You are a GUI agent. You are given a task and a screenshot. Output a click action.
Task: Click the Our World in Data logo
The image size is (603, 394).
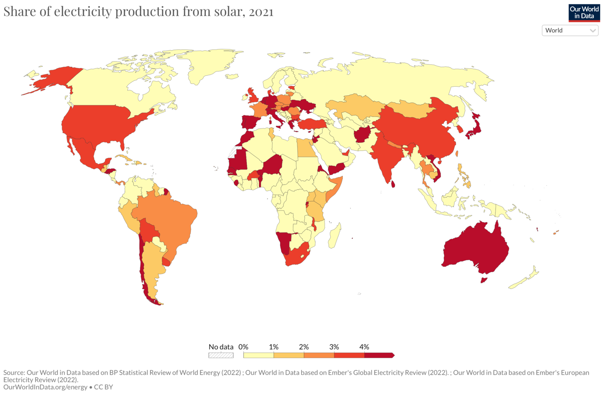[584, 13]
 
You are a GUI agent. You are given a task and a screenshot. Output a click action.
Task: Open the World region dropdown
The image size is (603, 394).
[570, 30]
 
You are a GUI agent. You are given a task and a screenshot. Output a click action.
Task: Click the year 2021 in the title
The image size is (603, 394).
[261, 12]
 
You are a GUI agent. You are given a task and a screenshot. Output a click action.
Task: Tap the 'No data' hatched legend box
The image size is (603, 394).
[221, 355]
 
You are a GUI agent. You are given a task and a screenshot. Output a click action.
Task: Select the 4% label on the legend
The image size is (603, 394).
[364, 347]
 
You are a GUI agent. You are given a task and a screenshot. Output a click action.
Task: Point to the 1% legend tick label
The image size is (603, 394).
[274, 347]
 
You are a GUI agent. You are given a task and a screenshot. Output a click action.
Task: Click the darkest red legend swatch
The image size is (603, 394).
[379, 355]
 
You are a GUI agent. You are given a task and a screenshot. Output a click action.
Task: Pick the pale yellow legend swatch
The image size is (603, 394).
[259, 355]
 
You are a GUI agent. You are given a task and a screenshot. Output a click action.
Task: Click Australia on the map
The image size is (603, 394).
[476, 247]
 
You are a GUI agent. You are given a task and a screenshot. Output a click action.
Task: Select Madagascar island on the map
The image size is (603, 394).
[335, 237]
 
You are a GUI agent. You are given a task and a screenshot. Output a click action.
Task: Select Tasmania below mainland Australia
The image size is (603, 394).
[483, 280]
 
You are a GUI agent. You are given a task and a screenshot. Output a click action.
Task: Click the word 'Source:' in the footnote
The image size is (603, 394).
[14, 373]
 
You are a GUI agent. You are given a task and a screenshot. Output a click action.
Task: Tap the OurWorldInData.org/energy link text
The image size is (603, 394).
[45, 387]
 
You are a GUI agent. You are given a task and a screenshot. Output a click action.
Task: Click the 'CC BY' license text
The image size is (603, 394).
[103, 387]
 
